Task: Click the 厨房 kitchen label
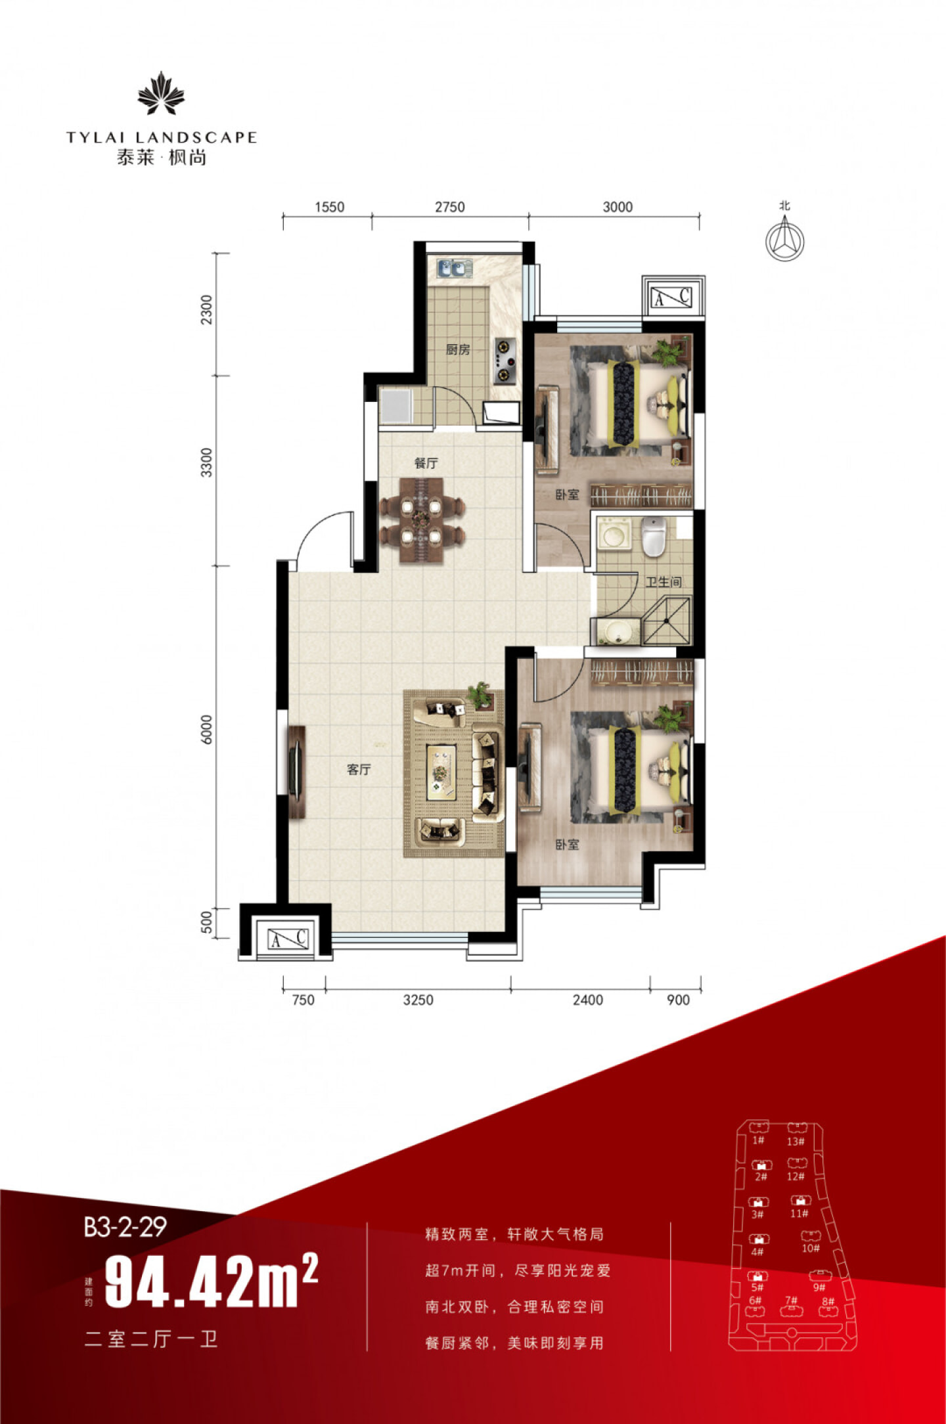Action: [x=458, y=349]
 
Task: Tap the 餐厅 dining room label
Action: [x=426, y=463]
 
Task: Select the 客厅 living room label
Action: [x=359, y=769]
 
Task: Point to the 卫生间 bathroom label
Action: [x=663, y=582]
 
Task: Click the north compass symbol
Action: [x=784, y=240]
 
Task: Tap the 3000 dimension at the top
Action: [x=618, y=207]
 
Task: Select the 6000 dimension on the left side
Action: [x=207, y=729]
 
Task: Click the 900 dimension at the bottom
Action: [x=678, y=1000]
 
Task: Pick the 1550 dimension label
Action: [x=329, y=207]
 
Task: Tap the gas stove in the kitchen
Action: [x=505, y=361]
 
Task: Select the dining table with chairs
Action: [x=422, y=520]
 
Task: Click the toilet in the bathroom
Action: [x=654, y=536]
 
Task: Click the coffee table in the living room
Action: [x=441, y=772]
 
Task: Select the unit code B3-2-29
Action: [x=125, y=1226]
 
